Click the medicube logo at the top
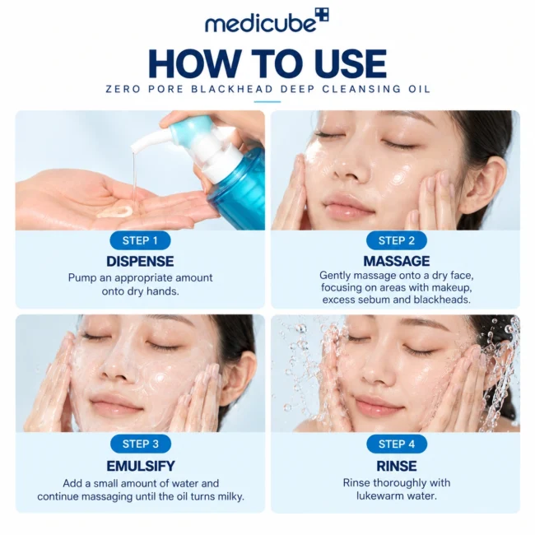267,21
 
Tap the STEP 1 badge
140,240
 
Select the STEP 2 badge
397,240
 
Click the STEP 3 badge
141,444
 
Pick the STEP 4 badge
397,444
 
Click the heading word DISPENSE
140,262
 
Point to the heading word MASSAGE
397,261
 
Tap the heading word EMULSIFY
141,466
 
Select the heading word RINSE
397,466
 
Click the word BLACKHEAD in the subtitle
232,89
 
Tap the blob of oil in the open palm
115,212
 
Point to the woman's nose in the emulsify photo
116,369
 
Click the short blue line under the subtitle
267,102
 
